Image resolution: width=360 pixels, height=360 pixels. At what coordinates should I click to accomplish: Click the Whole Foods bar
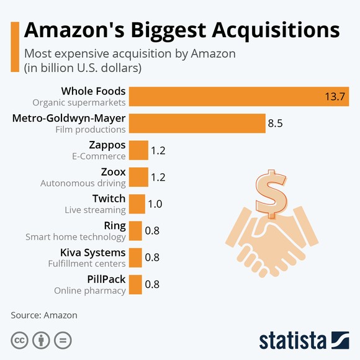(x=239, y=96)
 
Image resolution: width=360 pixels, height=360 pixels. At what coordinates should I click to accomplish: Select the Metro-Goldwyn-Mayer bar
(x=197, y=124)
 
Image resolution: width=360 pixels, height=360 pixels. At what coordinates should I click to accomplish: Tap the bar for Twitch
(x=137, y=204)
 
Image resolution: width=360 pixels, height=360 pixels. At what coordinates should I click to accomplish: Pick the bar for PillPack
(x=136, y=285)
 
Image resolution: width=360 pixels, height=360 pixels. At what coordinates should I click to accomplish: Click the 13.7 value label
(x=335, y=97)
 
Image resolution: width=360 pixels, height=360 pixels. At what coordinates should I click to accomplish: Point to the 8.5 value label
(x=275, y=124)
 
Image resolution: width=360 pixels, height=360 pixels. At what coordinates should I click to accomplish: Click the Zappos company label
(x=108, y=145)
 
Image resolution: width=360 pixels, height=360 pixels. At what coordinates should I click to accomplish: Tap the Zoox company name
(x=113, y=172)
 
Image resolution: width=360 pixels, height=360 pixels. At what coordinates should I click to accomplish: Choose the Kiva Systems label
(x=92, y=253)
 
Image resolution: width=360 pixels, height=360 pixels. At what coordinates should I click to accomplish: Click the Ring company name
(x=115, y=225)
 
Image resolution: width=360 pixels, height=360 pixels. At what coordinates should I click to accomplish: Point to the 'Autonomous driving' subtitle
(x=83, y=183)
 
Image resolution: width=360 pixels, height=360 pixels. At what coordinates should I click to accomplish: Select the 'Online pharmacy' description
(x=89, y=290)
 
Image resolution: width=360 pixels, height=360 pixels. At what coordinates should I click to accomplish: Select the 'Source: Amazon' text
(x=44, y=315)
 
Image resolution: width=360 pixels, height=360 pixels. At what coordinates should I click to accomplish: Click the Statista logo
(x=304, y=340)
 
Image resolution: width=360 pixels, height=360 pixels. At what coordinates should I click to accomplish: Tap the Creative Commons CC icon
(x=20, y=340)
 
